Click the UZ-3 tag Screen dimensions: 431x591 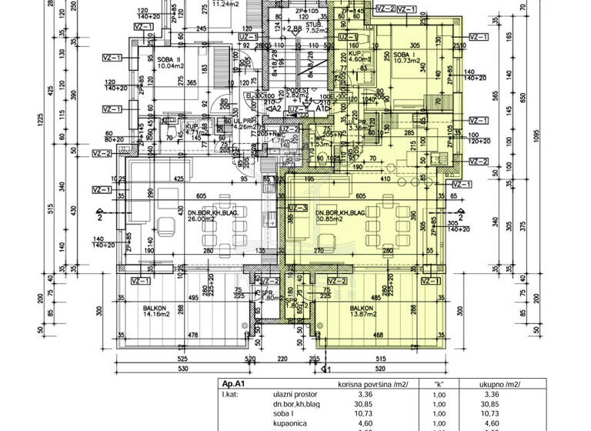click(x=298, y=209)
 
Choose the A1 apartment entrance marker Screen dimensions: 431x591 click(x=322, y=109)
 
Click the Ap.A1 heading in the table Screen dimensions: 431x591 click(x=232, y=384)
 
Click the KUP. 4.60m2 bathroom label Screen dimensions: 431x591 click(x=344, y=55)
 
